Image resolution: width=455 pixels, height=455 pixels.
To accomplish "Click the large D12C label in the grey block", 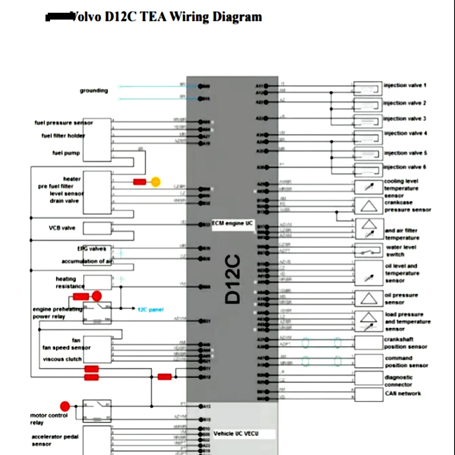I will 233,279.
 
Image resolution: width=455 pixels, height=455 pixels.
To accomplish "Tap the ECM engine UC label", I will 232,223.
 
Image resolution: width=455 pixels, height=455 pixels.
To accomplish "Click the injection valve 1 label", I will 405,85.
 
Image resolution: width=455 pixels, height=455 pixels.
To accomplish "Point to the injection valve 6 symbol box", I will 368,170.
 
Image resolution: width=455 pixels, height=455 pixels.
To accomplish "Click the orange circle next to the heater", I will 156,182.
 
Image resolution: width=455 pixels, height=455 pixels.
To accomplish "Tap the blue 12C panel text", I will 150,309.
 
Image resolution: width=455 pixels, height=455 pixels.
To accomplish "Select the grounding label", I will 94,91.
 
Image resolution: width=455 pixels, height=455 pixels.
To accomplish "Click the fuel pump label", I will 66,153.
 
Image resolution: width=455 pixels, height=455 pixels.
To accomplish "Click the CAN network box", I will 369,394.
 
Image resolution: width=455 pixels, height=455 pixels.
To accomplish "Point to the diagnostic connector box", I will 369,378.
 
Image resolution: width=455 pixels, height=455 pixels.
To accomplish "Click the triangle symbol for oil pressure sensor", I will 369,298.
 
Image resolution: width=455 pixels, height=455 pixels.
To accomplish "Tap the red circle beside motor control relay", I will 65,406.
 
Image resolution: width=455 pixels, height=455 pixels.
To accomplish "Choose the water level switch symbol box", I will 369,250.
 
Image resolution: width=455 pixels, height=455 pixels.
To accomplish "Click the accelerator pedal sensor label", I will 55,440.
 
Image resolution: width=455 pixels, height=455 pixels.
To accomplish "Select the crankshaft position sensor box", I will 369,343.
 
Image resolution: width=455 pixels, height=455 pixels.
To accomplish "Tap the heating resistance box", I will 97,283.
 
